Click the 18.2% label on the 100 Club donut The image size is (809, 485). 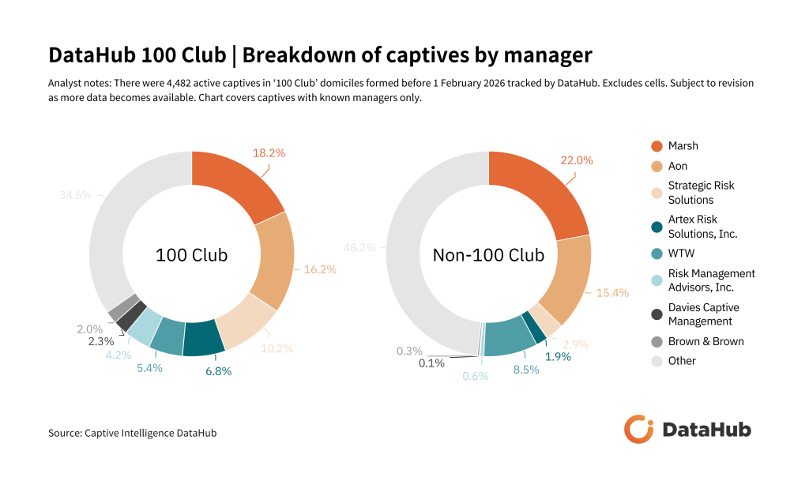click(269, 152)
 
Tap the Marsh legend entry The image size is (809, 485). click(683, 146)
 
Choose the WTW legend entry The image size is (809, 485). click(682, 254)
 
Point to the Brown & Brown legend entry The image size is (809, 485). click(706, 341)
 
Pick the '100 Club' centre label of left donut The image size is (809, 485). click(191, 255)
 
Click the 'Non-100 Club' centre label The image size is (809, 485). click(488, 255)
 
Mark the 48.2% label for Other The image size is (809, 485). click(359, 247)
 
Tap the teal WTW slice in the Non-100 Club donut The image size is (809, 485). click(509, 336)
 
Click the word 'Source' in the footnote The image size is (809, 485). click(65, 433)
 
